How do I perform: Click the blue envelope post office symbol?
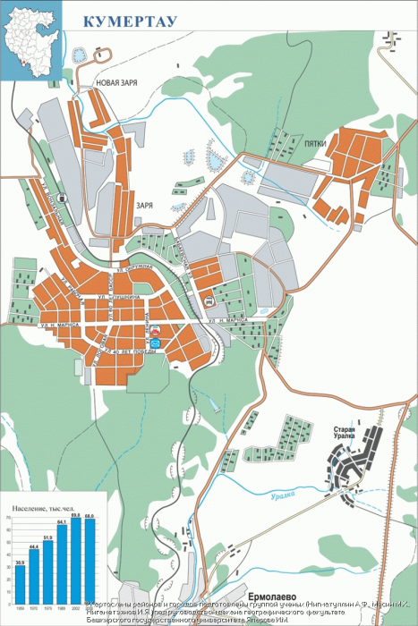tap(156, 343)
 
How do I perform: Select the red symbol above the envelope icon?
tap(155, 331)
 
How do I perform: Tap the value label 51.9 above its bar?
tap(48, 537)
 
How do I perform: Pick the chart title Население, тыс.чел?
tap(42, 509)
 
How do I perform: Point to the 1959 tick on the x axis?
tap(21, 607)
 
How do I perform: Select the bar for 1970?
tap(34, 578)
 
